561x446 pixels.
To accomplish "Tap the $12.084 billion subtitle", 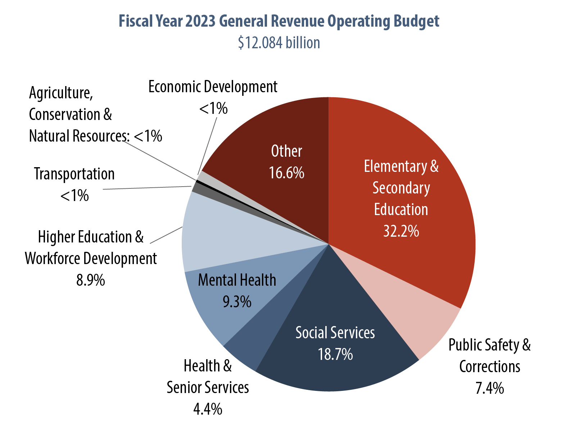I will tap(279, 43).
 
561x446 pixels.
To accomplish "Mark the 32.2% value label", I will tap(401, 231).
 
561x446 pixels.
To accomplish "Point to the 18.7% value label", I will tap(335, 354).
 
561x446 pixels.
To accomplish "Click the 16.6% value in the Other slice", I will tap(286, 173).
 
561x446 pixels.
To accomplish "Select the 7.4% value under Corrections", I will tap(489, 388).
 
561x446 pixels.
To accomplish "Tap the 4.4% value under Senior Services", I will tap(208, 409).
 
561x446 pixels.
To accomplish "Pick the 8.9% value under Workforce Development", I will tap(91, 280).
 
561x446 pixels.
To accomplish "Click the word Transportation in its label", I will tap(74, 174).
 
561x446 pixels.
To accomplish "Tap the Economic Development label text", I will tap(213, 87).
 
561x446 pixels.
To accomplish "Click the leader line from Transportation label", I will tap(148, 188).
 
